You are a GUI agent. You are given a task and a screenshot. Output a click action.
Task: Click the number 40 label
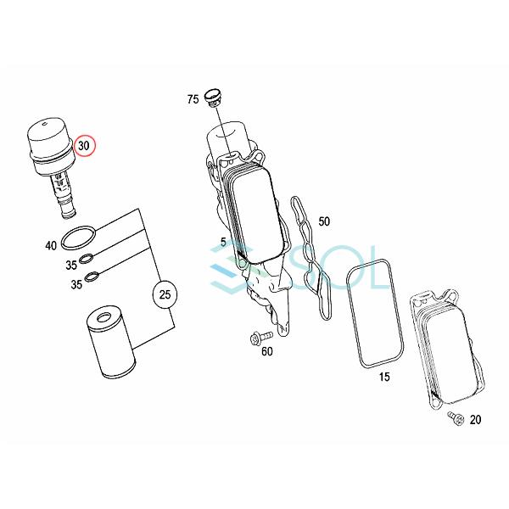[51, 246]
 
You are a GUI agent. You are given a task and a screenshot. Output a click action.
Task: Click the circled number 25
[165, 295]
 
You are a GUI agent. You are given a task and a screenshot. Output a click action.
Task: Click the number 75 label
[193, 100]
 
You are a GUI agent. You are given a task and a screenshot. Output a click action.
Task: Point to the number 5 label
[223, 242]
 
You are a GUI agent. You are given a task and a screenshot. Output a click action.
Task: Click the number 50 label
[324, 221]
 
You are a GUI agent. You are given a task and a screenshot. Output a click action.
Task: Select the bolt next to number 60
[255, 338]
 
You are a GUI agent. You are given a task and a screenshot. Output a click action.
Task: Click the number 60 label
[266, 351]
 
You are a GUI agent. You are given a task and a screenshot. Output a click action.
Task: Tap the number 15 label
[384, 376]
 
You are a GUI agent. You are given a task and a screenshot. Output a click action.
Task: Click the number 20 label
[474, 420]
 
